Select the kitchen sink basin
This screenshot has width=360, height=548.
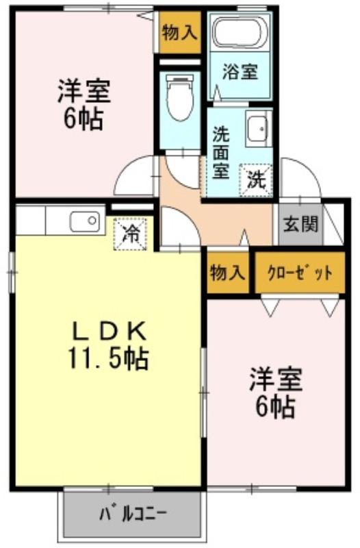tap(88, 221)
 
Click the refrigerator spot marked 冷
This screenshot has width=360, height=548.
tap(130, 234)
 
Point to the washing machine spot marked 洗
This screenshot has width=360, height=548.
tap(256, 180)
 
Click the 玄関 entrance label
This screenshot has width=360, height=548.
tap(300, 224)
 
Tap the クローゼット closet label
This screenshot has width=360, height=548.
tap(300, 273)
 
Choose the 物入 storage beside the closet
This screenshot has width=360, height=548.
tap(227, 273)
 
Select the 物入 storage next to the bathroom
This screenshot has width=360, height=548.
tap(180, 33)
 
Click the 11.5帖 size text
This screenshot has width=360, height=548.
tap(109, 358)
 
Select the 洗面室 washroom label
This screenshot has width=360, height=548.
tap(221, 152)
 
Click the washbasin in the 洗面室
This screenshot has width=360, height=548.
tap(259, 128)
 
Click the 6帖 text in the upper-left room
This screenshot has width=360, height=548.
tap(83, 118)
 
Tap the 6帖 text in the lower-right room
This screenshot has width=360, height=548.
tap(276, 407)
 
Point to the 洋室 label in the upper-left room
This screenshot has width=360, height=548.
tap(84, 91)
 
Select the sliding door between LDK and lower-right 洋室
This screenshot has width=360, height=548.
tap(203, 392)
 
